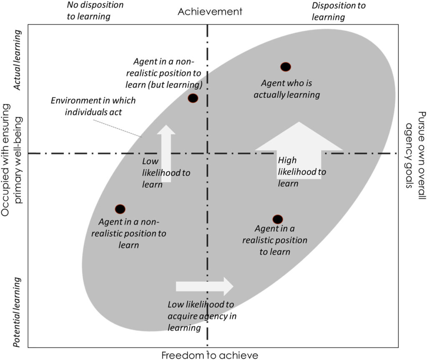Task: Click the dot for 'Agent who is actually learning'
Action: point(285,67)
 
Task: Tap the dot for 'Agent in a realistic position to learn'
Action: point(278,219)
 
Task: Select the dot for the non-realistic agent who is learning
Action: point(193,98)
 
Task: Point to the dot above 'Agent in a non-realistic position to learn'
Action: point(120,209)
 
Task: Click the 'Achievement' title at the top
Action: point(210,11)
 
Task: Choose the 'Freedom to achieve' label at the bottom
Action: point(210,355)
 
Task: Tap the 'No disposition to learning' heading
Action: point(95,11)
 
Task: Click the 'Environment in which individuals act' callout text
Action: point(93,106)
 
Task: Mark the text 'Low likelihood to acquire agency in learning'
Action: point(202,316)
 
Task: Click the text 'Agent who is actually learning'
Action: point(287,89)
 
